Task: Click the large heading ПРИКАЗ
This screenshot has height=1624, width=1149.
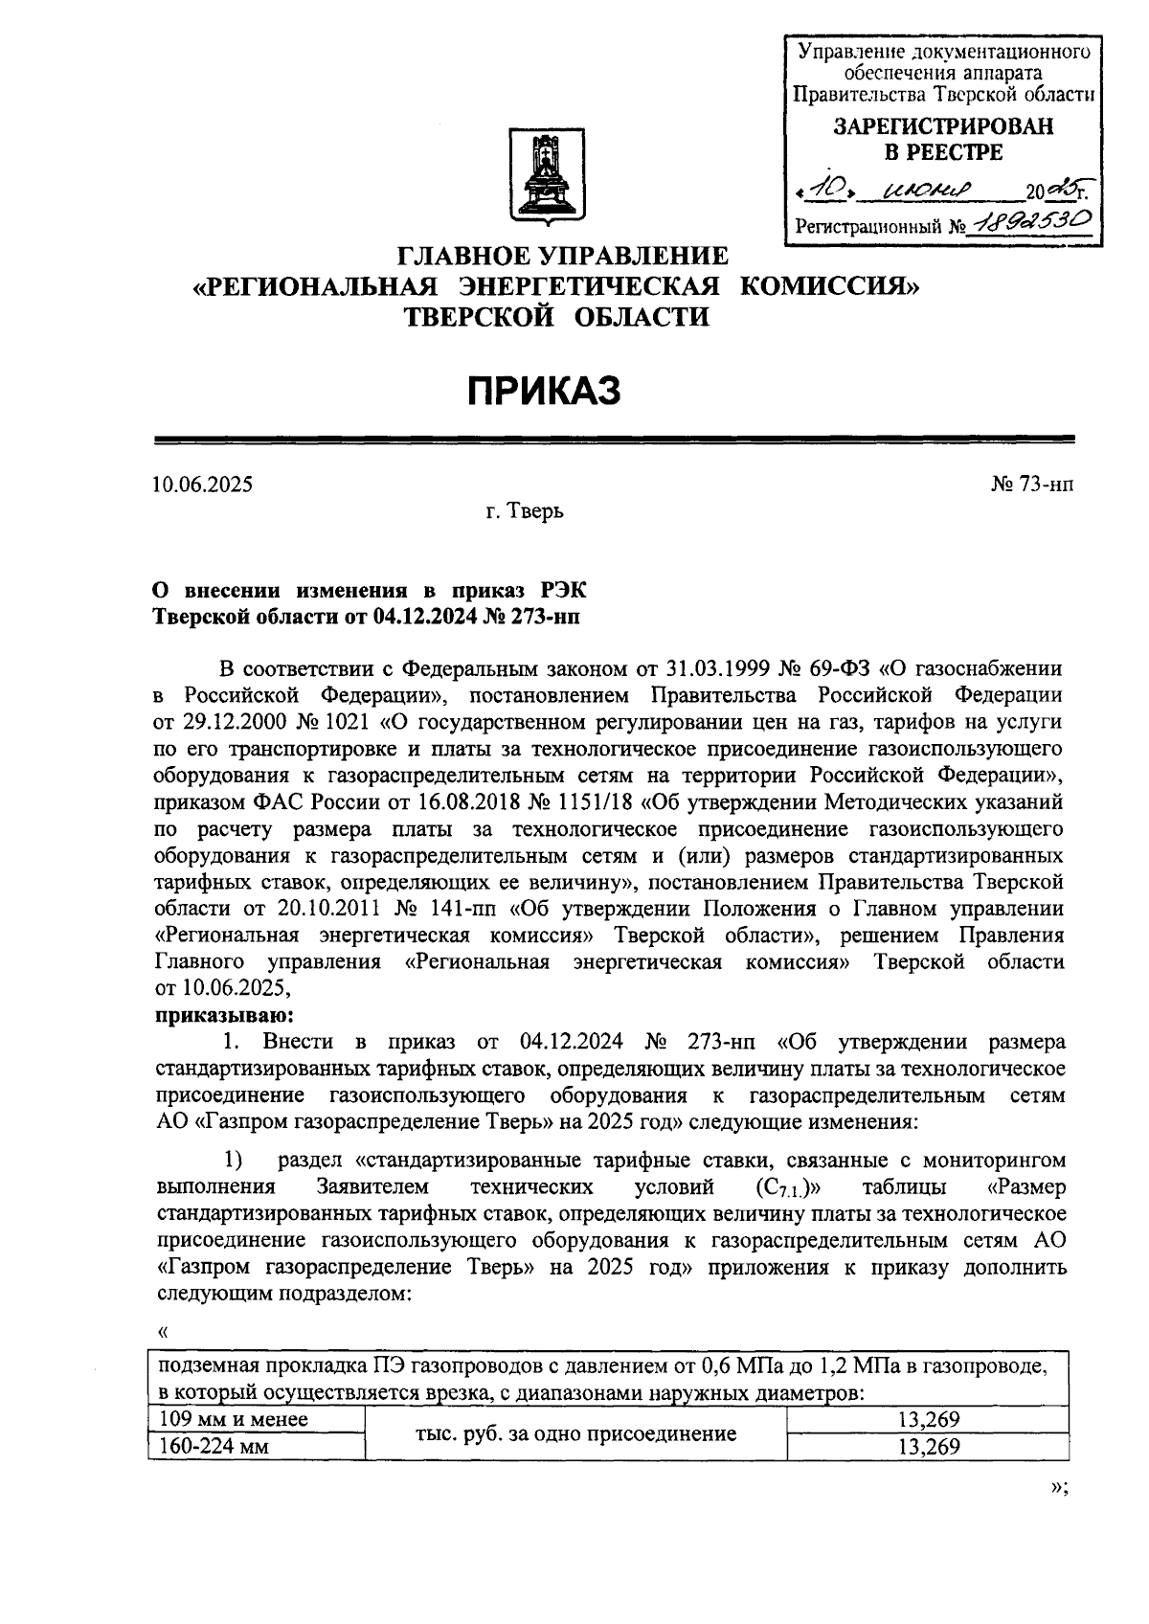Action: [545, 391]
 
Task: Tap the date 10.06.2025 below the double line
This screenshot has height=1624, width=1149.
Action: [203, 485]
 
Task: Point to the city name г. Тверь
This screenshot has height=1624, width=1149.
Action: [524, 511]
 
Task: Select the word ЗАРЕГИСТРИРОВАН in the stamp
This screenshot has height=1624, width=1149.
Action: [942, 126]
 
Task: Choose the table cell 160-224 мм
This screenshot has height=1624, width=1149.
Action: [214, 1446]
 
